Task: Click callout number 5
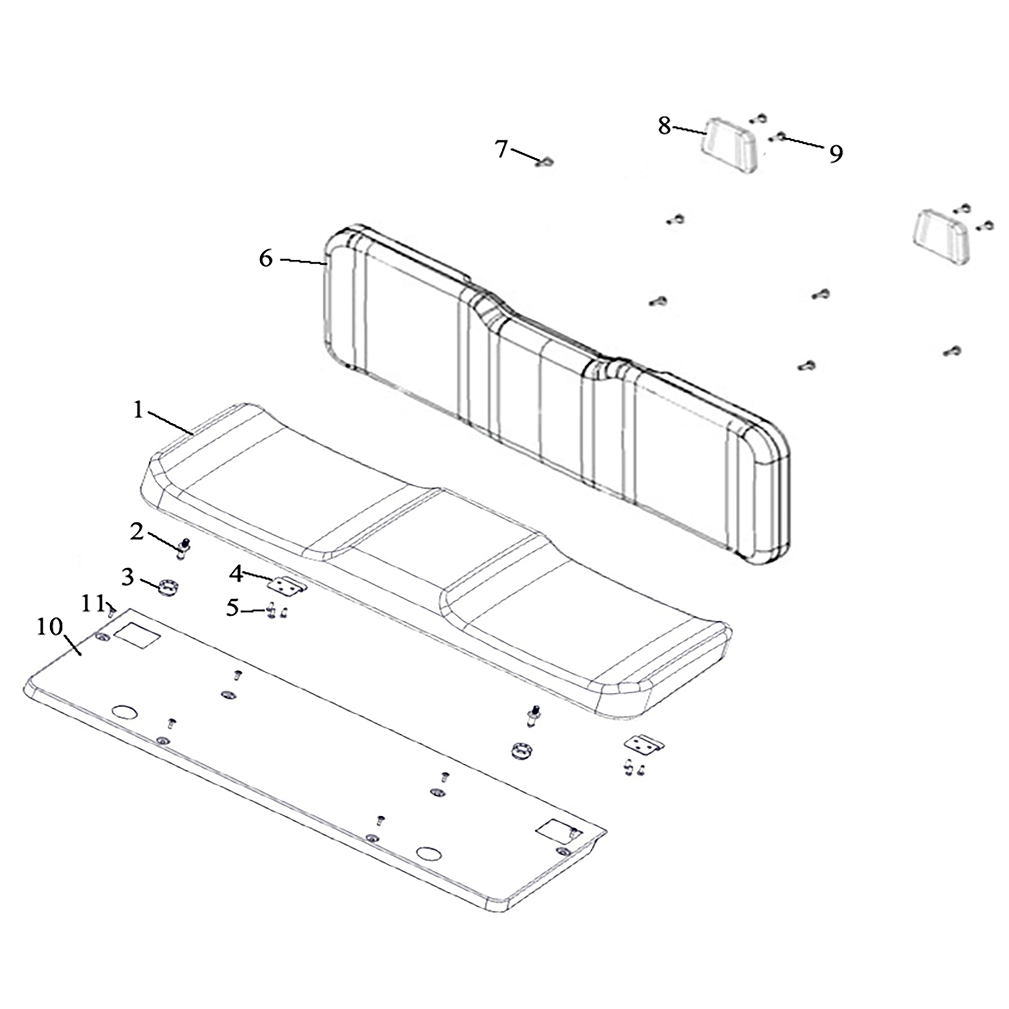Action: (232, 608)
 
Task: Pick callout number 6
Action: (266, 258)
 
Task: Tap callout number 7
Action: (501, 149)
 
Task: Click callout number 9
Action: (836, 153)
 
